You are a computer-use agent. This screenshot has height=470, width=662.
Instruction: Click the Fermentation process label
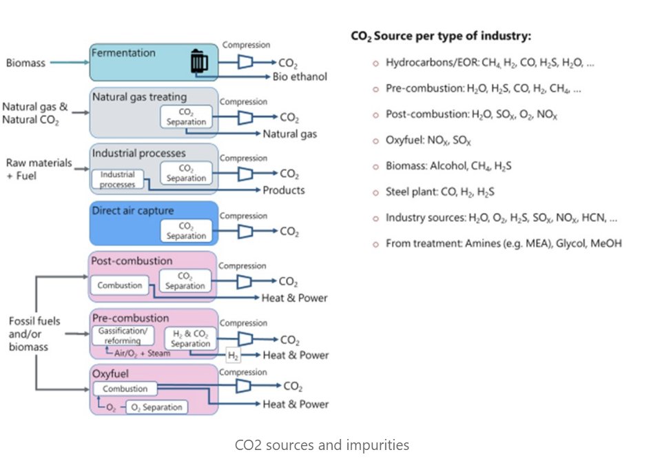[124, 53]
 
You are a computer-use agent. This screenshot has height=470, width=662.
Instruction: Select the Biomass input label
[25, 63]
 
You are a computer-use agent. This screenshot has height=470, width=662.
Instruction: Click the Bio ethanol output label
[300, 76]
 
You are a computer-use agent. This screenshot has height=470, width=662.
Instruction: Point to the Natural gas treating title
[139, 97]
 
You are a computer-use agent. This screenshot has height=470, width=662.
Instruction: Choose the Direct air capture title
[132, 211]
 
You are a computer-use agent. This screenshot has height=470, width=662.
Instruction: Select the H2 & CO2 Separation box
[190, 338]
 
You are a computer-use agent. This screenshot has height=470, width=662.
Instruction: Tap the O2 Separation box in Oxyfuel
[156, 407]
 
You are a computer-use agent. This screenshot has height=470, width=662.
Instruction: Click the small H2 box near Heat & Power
[234, 355]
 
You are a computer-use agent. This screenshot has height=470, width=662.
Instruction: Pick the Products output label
[283, 190]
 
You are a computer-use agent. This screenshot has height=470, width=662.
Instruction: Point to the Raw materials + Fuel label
[39, 170]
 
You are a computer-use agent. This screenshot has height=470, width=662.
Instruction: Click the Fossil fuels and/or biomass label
[34, 334]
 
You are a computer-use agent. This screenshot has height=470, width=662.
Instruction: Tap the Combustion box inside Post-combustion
[120, 285]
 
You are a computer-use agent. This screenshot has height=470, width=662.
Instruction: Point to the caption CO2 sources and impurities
[322, 445]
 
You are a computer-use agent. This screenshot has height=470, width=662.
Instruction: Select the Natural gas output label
[290, 134]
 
